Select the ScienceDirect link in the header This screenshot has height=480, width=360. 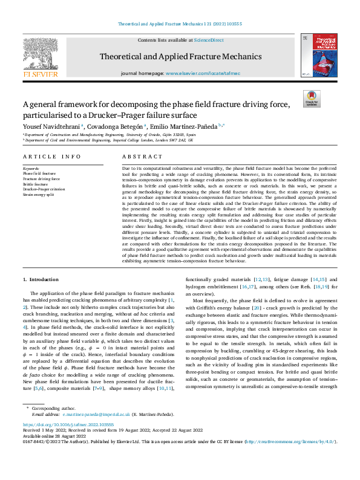[209, 40]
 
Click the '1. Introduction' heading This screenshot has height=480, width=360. [41, 279]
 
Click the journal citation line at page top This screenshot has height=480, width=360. [180, 25]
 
